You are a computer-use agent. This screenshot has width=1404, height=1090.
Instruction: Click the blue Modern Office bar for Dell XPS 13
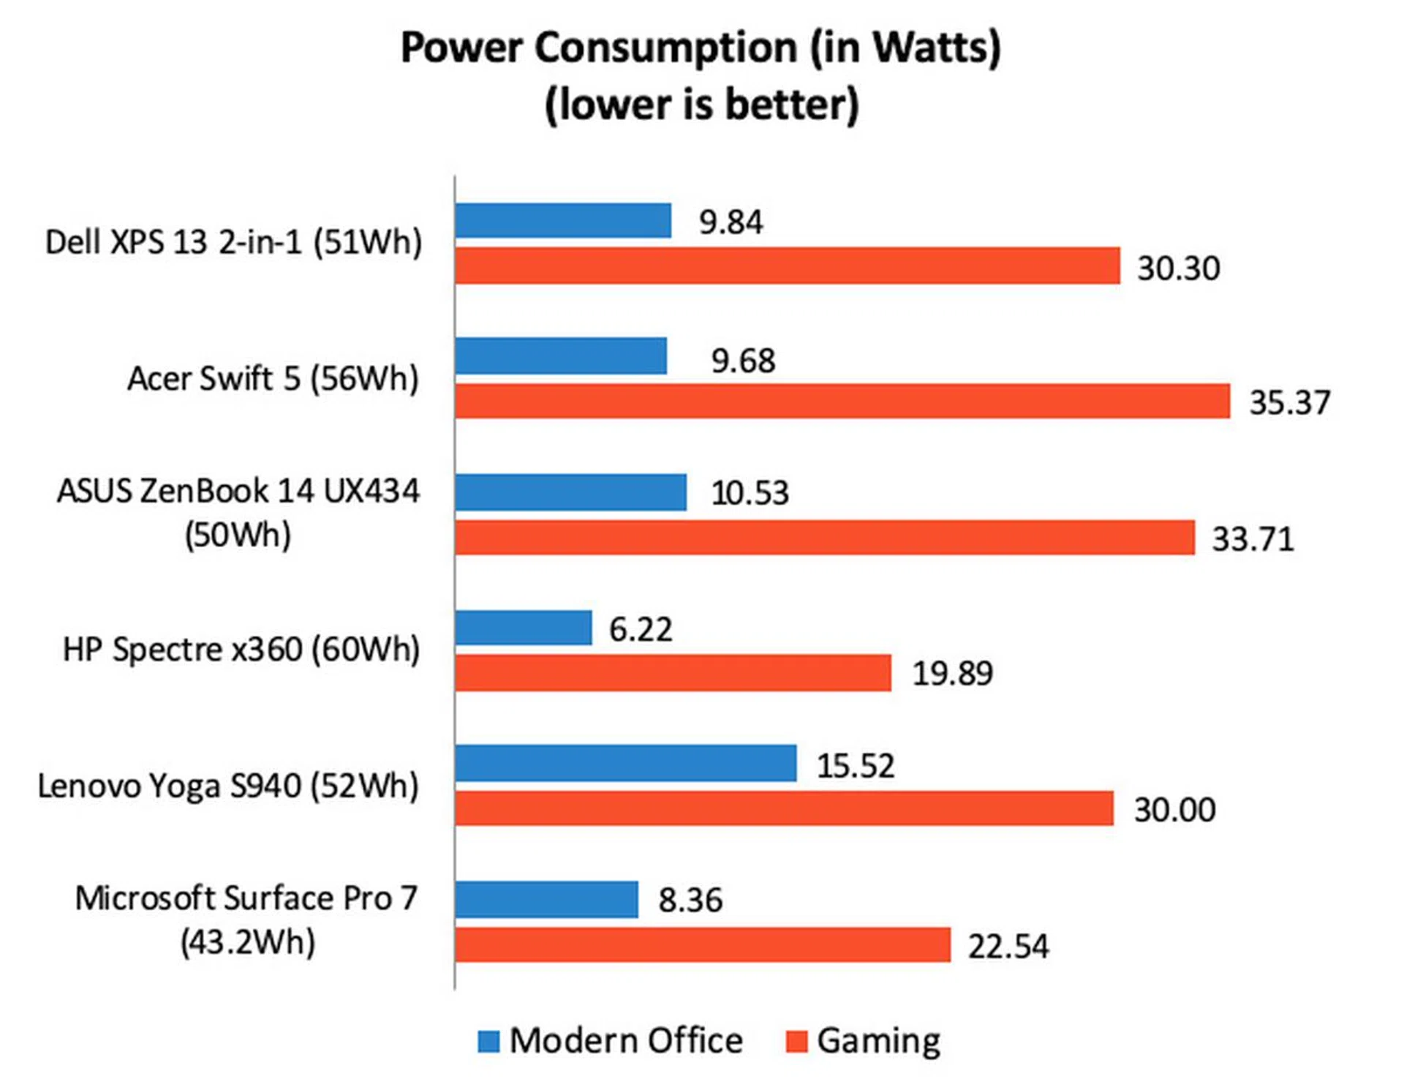(562, 221)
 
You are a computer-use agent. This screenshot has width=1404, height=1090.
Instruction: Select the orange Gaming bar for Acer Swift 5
(842, 401)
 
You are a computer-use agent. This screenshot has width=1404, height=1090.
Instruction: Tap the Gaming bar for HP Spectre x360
(673, 673)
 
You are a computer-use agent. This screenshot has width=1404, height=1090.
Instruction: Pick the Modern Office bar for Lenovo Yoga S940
(625, 764)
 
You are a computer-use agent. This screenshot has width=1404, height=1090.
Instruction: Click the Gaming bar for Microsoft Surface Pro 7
(702, 944)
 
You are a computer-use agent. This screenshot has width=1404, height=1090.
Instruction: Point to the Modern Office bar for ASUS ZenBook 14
(570, 492)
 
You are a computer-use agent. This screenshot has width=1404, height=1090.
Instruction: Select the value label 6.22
(641, 629)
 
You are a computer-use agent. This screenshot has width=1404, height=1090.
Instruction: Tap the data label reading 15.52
(855, 766)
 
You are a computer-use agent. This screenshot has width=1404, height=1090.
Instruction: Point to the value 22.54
(1008, 947)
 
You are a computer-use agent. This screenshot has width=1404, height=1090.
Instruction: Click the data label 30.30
(1178, 268)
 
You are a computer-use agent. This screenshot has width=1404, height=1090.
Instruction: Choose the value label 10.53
(750, 493)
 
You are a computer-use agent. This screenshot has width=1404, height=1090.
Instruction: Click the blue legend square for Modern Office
(488, 1041)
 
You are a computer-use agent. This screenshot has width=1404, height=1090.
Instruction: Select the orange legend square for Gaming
(796, 1041)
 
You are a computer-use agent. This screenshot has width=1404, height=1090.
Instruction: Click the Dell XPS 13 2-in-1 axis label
(233, 242)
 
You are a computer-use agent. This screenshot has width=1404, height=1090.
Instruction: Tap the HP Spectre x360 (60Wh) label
(241, 650)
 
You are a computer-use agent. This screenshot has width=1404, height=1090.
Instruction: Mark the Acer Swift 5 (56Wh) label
(273, 379)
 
